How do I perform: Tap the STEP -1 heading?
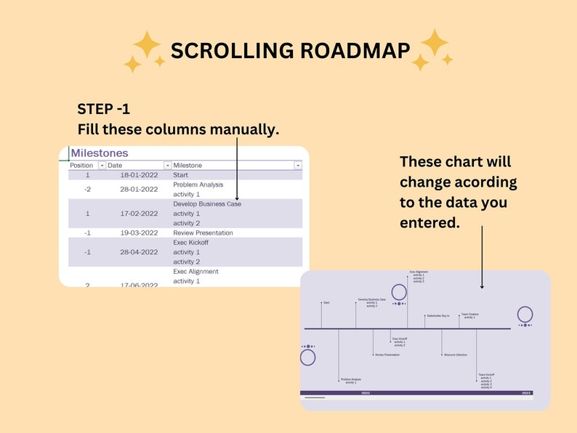103,110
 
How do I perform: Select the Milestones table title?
100,153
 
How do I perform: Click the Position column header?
81,166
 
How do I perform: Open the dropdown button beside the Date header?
167,166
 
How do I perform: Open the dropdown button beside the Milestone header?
297,166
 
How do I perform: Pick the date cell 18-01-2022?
139,175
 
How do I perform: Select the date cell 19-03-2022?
139,233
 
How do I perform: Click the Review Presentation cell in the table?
203,233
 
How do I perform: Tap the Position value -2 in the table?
87,190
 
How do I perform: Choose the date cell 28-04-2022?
139,252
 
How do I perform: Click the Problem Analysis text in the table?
198,185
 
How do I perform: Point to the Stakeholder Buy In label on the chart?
437,316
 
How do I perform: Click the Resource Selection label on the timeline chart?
455,355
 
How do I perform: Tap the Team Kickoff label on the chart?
486,375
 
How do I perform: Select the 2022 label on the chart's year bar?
366,393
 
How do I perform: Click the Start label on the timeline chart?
326,302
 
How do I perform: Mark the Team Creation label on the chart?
469,315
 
